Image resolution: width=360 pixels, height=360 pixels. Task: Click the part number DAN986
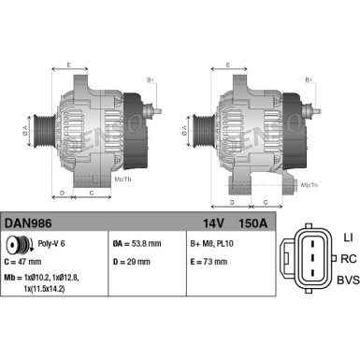[x=28, y=224]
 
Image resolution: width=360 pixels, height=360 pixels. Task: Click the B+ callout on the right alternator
[x=310, y=80]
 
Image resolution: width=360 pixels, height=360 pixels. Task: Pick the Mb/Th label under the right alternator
[x=308, y=186]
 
